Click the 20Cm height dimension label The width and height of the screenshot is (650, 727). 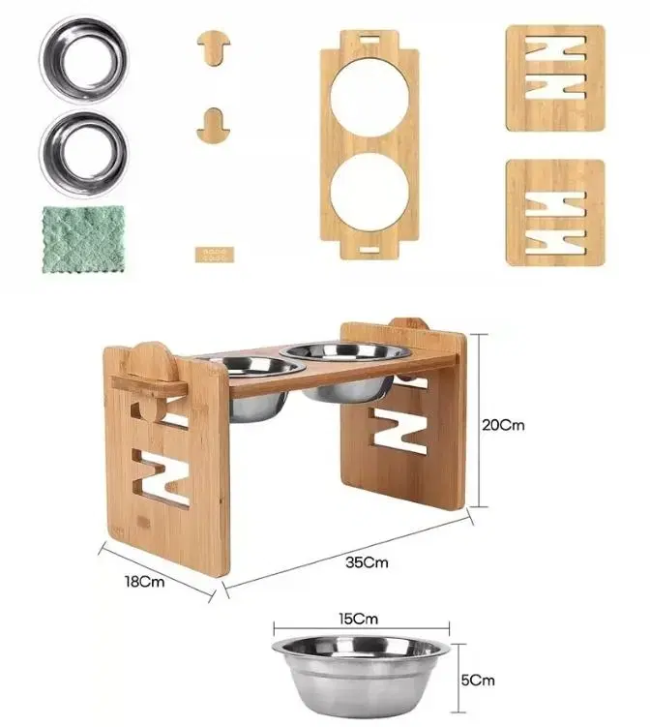tap(503, 425)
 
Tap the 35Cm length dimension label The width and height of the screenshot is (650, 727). tap(367, 562)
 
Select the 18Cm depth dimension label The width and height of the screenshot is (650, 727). tap(144, 582)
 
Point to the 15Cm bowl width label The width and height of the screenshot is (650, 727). tap(358, 619)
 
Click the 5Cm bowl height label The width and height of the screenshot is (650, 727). tap(478, 681)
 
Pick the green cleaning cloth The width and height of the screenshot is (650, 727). tap(84, 239)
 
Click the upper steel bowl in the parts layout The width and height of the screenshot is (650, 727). tap(84, 59)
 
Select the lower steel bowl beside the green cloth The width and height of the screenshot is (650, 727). tap(84, 154)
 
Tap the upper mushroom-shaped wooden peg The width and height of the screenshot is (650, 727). tap(213, 46)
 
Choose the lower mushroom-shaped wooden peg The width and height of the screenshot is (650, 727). tap(213, 126)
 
